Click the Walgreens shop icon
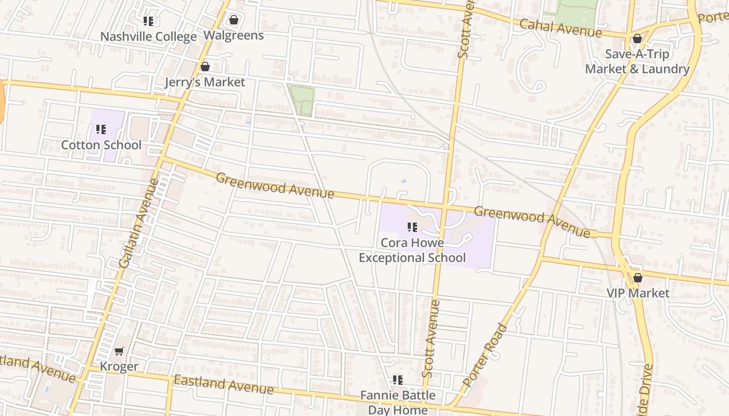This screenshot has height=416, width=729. (x=234, y=20)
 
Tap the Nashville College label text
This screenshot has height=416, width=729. (x=148, y=37)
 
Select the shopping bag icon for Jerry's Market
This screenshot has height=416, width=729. (x=205, y=67)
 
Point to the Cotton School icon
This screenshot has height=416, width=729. (x=101, y=129)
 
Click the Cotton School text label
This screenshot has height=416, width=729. (x=101, y=145)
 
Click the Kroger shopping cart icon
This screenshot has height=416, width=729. (x=119, y=351)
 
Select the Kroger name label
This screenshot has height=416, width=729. (x=119, y=367)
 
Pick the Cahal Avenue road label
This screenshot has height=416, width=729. (x=560, y=28)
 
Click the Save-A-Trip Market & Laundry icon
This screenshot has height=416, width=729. (x=637, y=39)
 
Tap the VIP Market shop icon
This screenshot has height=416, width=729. (x=637, y=278)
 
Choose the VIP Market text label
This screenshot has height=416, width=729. (x=638, y=293)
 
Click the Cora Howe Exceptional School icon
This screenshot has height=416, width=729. (x=412, y=227)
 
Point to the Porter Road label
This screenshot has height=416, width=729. (x=485, y=355)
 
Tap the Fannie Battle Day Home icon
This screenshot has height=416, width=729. (x=398, y=380)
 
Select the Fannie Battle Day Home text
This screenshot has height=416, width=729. (x=398, y=402)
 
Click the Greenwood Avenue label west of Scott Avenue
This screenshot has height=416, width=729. (x=274, y=186)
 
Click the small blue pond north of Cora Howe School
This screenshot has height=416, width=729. (x=404, y=181)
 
